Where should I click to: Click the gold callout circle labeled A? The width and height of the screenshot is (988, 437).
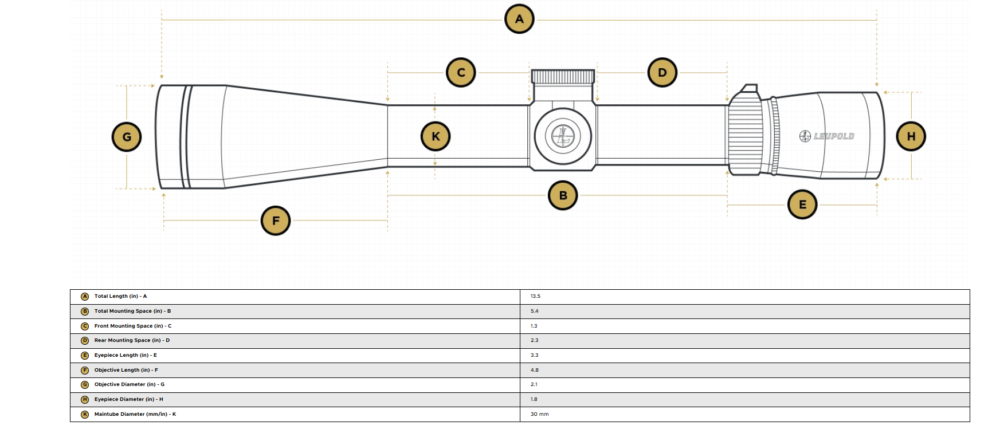519,19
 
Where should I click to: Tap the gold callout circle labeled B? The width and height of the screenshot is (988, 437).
563,195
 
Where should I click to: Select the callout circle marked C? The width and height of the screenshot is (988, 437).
461,73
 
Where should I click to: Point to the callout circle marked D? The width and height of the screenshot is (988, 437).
662,73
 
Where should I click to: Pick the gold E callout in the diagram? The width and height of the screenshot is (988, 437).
802,204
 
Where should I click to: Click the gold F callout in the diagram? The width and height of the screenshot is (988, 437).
276,221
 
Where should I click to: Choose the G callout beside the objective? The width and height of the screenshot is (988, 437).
127,137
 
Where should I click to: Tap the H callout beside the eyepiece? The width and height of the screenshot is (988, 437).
911,136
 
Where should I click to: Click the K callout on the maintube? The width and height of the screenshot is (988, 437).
436,136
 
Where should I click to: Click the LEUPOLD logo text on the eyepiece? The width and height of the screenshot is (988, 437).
834,136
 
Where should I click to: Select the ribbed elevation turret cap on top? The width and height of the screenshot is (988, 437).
563,77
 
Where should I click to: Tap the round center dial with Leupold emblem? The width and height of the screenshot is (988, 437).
563,136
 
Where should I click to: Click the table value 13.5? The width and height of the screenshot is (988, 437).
535,297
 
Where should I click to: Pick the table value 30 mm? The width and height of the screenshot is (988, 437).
539,414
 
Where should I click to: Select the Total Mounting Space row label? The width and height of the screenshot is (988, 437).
132,311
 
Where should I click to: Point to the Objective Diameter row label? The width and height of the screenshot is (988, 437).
130,384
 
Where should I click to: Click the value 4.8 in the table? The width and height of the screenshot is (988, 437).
534,370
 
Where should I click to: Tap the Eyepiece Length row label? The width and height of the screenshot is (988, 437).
126,355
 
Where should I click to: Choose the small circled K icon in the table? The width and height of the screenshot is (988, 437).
85,414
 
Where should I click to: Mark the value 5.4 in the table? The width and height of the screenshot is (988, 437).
534,311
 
